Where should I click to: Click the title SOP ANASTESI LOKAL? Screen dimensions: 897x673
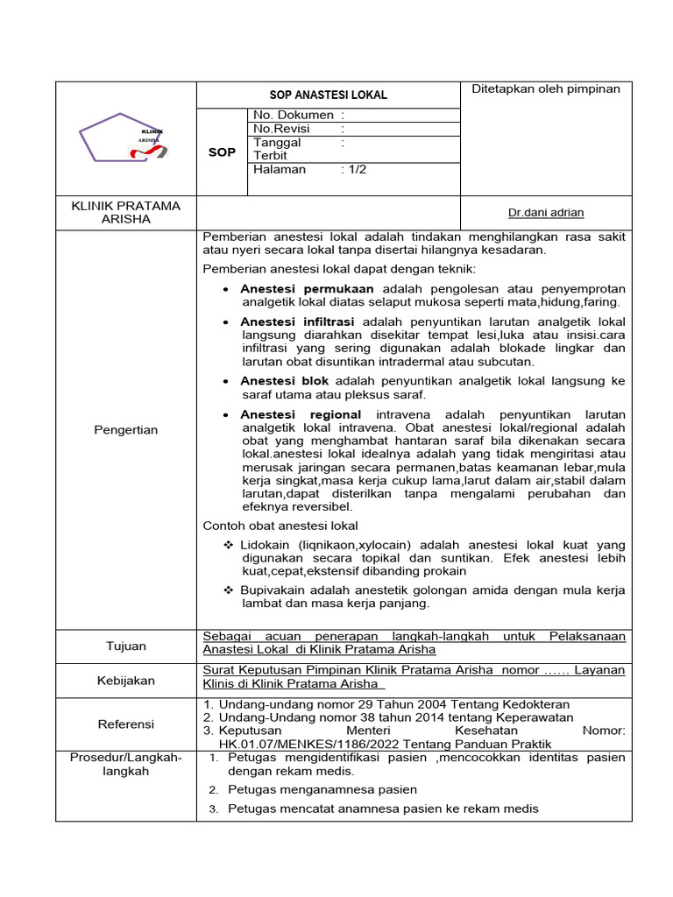click(327, 95)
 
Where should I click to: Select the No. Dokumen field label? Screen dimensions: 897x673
click(293, 115)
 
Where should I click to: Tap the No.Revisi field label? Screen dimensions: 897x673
click(281, 129)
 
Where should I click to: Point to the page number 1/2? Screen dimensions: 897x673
click(357, 169)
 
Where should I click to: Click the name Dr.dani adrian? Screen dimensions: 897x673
click(545, 212)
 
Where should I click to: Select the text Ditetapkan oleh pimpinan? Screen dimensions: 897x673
click(545, 88)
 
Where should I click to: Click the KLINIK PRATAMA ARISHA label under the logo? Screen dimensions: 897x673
click(125, 212)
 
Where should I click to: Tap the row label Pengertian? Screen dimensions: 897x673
click(125, 429)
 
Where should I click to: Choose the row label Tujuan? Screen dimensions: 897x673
click(125, 646)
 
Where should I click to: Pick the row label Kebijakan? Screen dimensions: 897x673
click(125, 680)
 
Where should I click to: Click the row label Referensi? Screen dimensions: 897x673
click(125, 724)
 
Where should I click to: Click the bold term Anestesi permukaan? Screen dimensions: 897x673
click(307, 288)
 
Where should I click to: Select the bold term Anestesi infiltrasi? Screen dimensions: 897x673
click(297, 321)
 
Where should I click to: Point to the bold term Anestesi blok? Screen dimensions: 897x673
click(284, 381)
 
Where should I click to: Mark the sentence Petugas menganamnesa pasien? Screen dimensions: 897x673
click(322, 789)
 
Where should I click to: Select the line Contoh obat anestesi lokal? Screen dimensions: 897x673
click(280, 526)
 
